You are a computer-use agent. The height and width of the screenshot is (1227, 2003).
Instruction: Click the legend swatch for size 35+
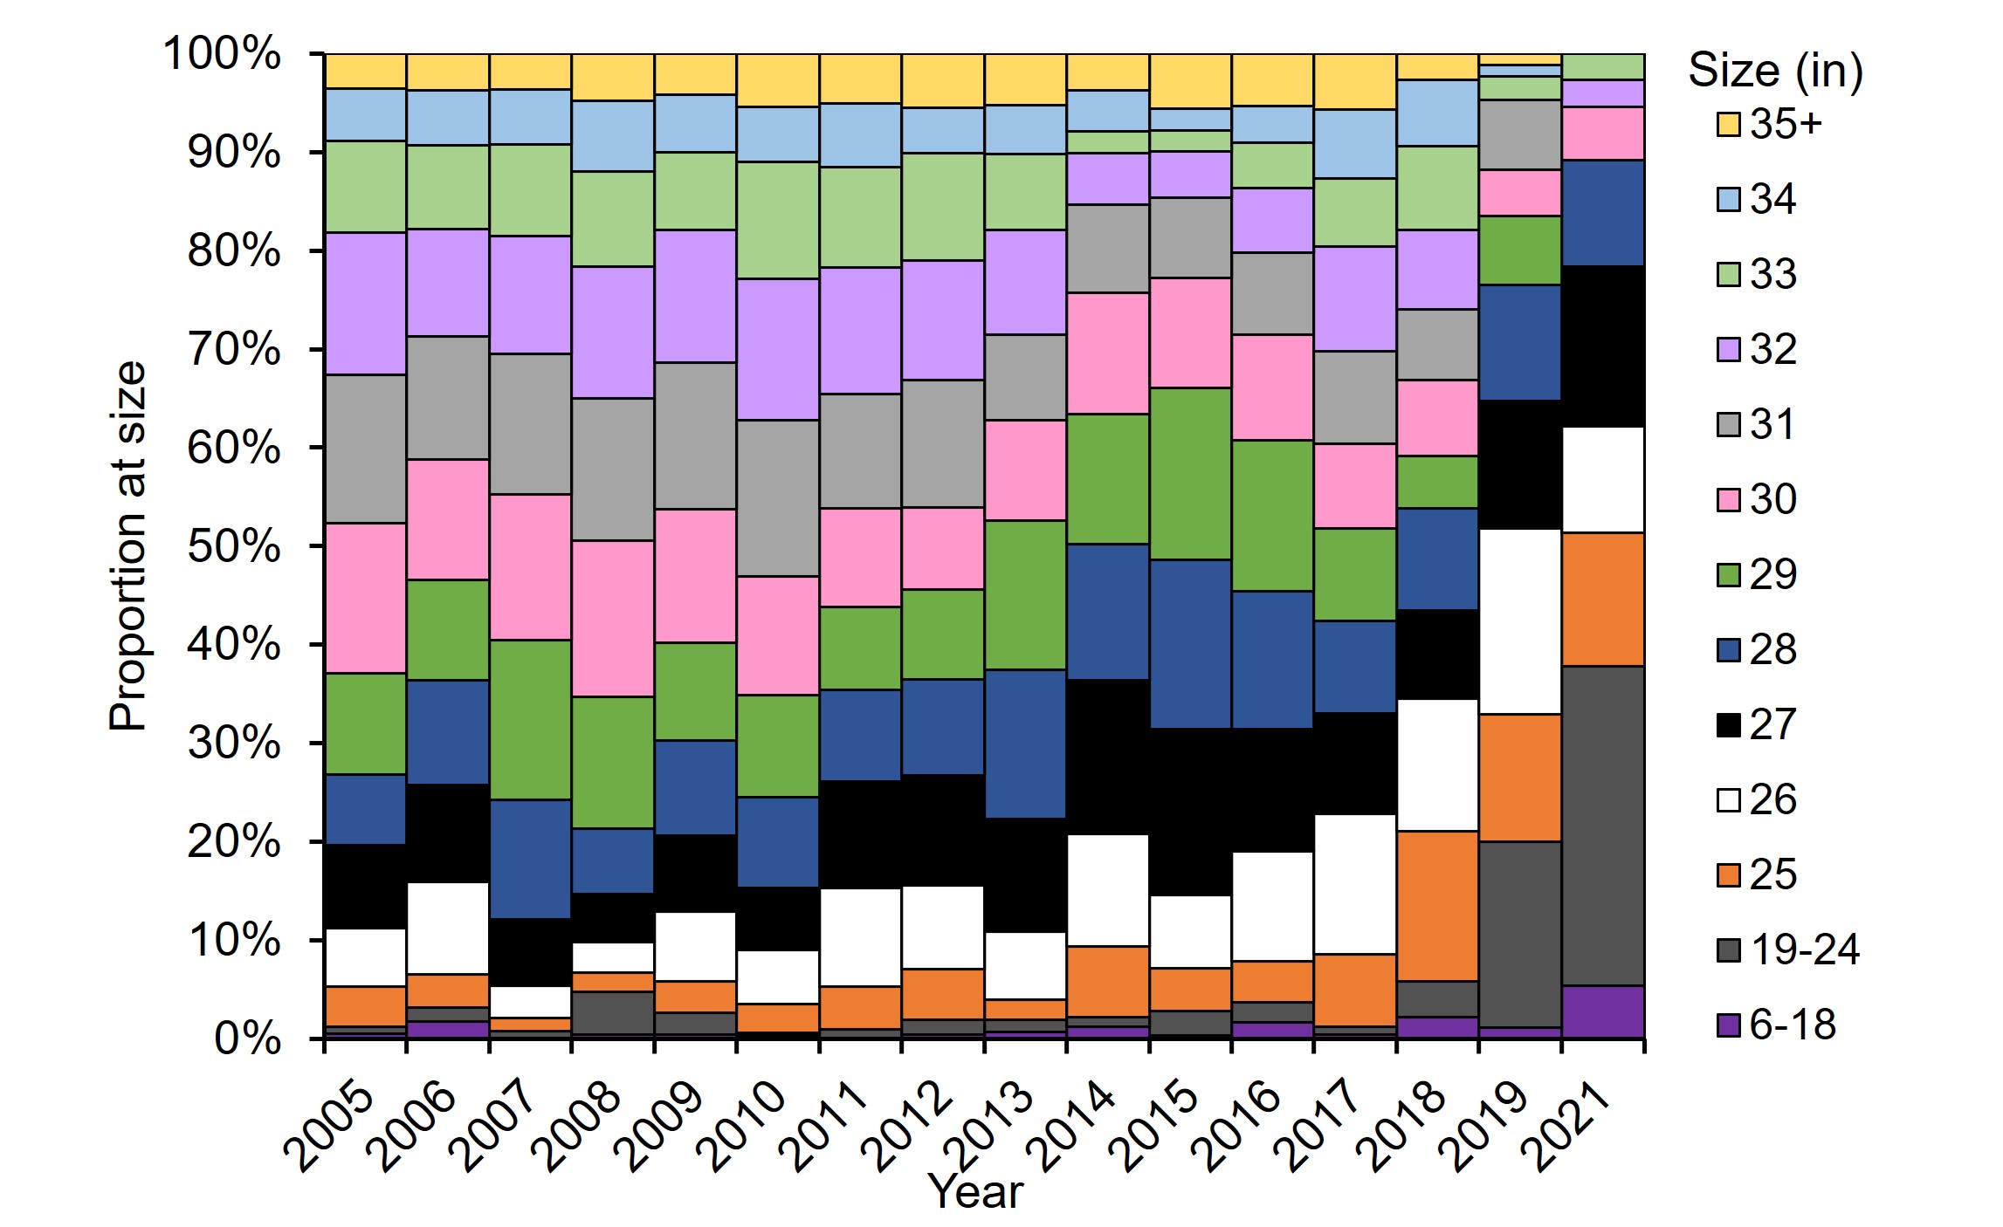(1729, 125)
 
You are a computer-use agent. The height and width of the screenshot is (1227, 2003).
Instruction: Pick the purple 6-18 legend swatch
(1729, 1025)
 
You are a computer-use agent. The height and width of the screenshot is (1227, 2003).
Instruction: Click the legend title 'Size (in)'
(1775, 70)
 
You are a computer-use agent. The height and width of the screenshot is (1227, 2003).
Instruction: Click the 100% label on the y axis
(222, 54)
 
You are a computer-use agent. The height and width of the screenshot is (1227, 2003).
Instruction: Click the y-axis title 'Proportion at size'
(127, 545)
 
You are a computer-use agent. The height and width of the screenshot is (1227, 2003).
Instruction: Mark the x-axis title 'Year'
(975, 1191)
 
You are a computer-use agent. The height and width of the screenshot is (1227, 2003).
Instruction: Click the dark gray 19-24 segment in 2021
(1603, 825)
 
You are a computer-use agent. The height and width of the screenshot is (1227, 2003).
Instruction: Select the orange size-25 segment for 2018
(1437, 905)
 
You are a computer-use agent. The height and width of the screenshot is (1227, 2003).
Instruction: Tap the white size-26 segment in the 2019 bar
(1520, 621)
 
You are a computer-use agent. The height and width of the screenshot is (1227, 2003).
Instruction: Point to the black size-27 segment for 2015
(1190, 811)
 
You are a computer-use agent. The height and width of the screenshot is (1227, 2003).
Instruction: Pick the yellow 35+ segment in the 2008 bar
(613, 77)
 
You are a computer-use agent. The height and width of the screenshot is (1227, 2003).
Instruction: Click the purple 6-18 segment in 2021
(1603, 1011)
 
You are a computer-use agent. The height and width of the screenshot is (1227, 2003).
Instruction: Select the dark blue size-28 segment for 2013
(1025, 744)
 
